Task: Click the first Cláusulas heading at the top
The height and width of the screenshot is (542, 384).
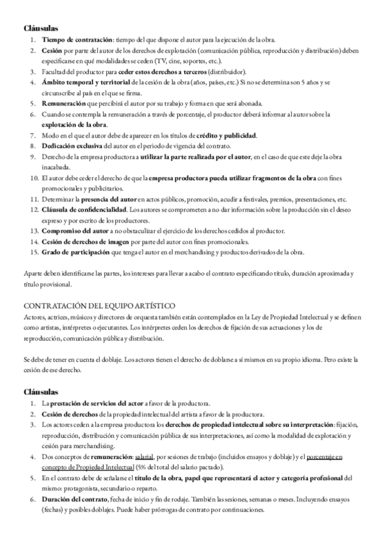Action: [x=41, y=29]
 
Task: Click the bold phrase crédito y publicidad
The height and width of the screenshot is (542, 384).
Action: [x=227, y=135]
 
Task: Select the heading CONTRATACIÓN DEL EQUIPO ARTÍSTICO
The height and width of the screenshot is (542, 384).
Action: [x=99, y=306]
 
